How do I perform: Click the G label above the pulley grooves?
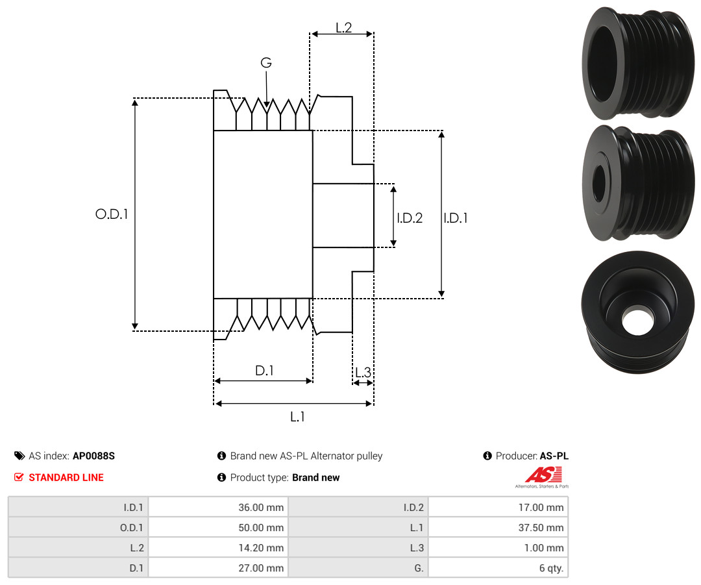(x=266, y=62)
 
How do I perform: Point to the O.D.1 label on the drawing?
(x=112, y=214)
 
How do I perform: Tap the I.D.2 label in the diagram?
(x=410, y=218)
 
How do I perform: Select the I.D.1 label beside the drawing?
(x=456, y=218)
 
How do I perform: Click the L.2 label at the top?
(x=344, y=28)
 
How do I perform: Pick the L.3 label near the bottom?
(x=363, y=372)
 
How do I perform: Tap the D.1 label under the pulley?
(x=264, y=370)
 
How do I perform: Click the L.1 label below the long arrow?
(x=297, y=417)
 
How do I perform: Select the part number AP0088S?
(x=94, y=456)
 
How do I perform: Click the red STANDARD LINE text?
(x=66, y=477)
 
